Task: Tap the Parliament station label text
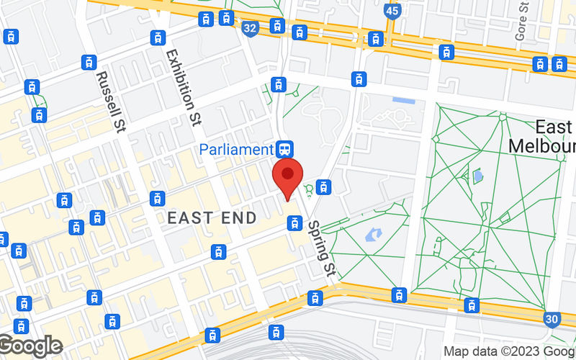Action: click(238, 150)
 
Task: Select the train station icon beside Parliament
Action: click(284, 149)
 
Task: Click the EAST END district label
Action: click(212, 217)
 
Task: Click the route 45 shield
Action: click(392, 12)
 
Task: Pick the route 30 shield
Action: click(552, 319)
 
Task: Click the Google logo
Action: click(30, 346)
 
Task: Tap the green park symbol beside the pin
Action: click(310, 189)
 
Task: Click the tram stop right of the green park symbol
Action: click(324, 187)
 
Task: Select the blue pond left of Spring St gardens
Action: click(374, 235)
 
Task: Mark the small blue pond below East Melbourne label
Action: click(476, 175)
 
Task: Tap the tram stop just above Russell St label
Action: click(89, 62)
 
